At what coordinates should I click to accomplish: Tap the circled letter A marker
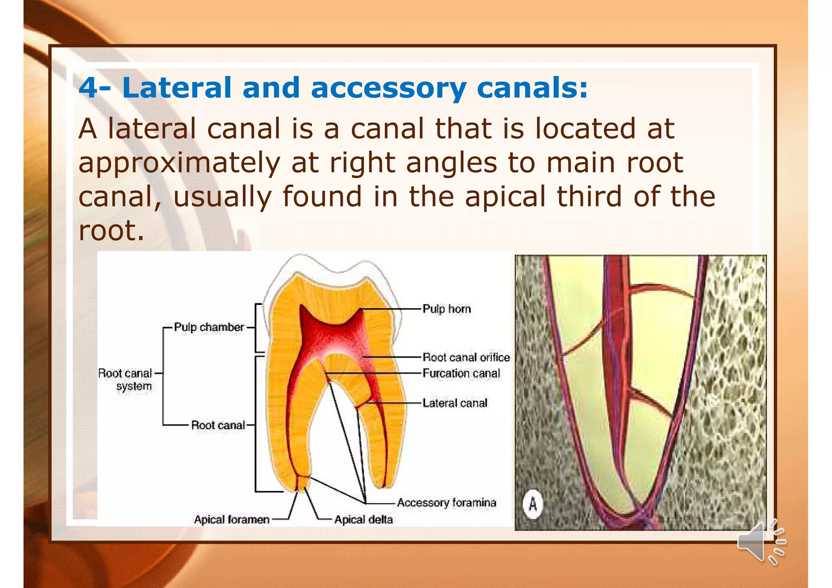(533, 504)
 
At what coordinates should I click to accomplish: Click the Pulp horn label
(446, 309)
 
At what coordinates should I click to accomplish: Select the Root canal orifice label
(466, 357)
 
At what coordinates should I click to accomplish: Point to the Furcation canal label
(461, 373)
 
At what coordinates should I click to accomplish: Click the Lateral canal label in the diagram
(455, 403)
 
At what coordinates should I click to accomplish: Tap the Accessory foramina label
(446, 503)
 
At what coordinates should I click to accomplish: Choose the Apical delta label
(363, 519)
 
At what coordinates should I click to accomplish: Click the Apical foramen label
(232, 519)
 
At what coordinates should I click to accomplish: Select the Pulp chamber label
(209, 327)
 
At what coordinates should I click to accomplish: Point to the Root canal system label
(126, 379)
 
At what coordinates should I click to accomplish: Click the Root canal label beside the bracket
(218, 425)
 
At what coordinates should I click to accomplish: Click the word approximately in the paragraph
(179, 163)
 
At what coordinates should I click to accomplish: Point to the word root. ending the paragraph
(111, 231)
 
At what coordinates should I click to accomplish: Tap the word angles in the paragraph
(451, 163)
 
